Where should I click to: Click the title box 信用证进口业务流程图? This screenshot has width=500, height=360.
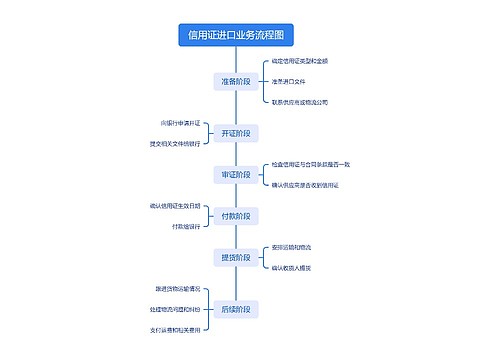pos(235,36)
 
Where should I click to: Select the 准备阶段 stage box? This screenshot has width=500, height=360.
pos(235,81)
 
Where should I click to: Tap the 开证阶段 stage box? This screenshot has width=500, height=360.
pos(235,133)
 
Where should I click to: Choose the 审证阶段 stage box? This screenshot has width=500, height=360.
pos(235,174)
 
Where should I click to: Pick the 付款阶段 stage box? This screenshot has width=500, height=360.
pos(235,216)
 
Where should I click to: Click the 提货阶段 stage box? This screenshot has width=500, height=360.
pos(235,257)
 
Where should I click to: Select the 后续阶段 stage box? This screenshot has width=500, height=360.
pos(235,308)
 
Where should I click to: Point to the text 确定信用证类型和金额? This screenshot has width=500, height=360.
pos(307,61)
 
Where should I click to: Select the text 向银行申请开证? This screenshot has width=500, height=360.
pos(179,123)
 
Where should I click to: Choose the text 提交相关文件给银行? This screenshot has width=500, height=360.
pos(174,143)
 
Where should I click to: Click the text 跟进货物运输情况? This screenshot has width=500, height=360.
pos(176,288)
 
